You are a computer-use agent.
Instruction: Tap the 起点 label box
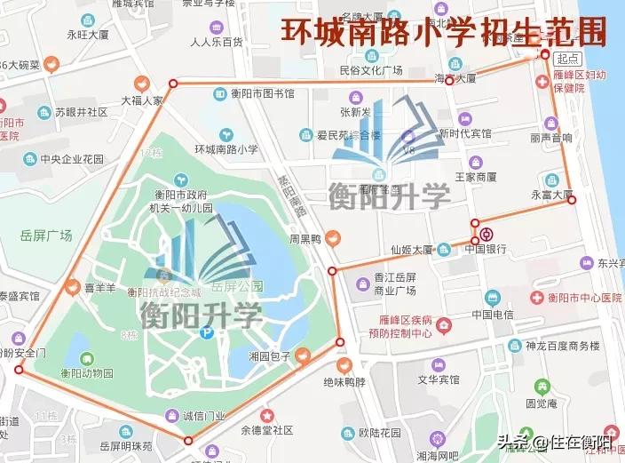(x=566, y=58)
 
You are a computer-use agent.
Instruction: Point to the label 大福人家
(x=143, y=101)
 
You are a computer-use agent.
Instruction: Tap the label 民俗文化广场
(x=371, y=70)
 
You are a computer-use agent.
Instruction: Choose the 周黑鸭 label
(x=304, y=239)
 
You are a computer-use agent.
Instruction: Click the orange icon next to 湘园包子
(x=303, y=355)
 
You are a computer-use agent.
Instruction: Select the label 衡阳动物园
(x=87, y=372)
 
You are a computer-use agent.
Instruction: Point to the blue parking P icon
(x=207, y=333)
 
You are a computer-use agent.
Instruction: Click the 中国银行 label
(x=486, y=249)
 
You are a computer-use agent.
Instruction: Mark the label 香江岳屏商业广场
(x=396, y=284)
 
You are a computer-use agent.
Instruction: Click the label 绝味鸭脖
(x=344, y=383)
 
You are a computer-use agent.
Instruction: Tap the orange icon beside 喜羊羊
(x=73, y=287)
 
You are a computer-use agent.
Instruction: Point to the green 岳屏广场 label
(x=45, y=235)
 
